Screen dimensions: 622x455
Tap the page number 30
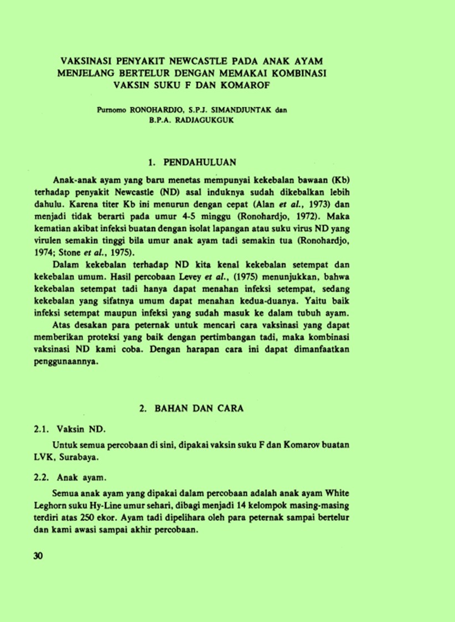(38, 556)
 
